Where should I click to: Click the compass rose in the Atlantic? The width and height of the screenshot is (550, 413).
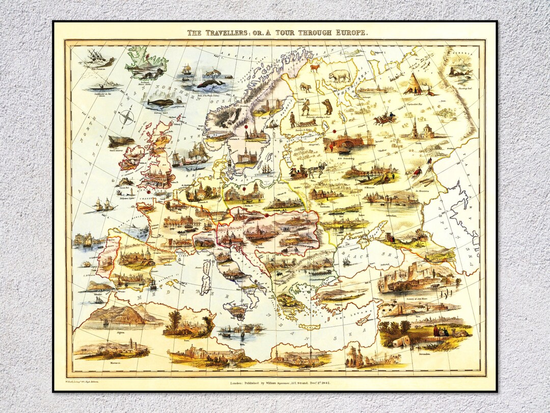click(x=127, y=118)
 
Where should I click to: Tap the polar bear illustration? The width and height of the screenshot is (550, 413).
click(x=340, y=76)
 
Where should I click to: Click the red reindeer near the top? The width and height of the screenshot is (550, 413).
click(x=315, y=67)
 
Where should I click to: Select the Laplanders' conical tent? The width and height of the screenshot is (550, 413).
click(x=416, y=83)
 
